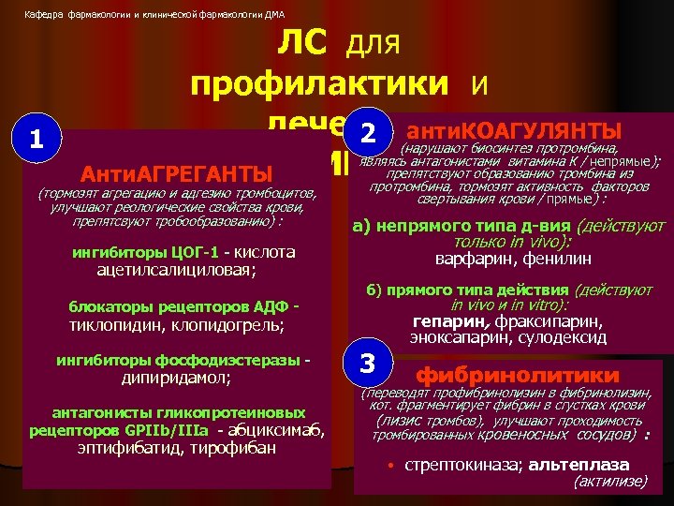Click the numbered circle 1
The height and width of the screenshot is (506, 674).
(36, 140)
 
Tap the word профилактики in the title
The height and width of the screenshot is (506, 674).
(319, 83)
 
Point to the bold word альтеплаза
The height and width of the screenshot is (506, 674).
(579, 465)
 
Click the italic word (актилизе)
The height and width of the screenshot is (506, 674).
(609, 481)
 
